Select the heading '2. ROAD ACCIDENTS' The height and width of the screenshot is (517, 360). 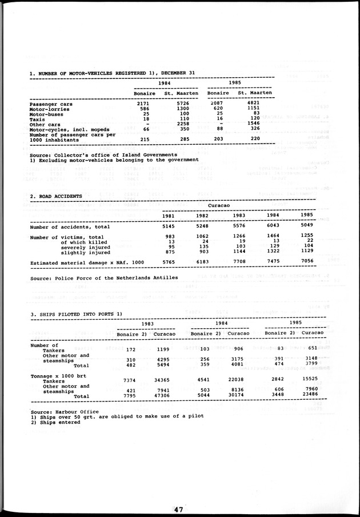[56, 196]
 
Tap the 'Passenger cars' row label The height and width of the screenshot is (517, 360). [51, 104]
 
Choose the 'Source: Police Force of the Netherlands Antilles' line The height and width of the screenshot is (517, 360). [103, 277]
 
